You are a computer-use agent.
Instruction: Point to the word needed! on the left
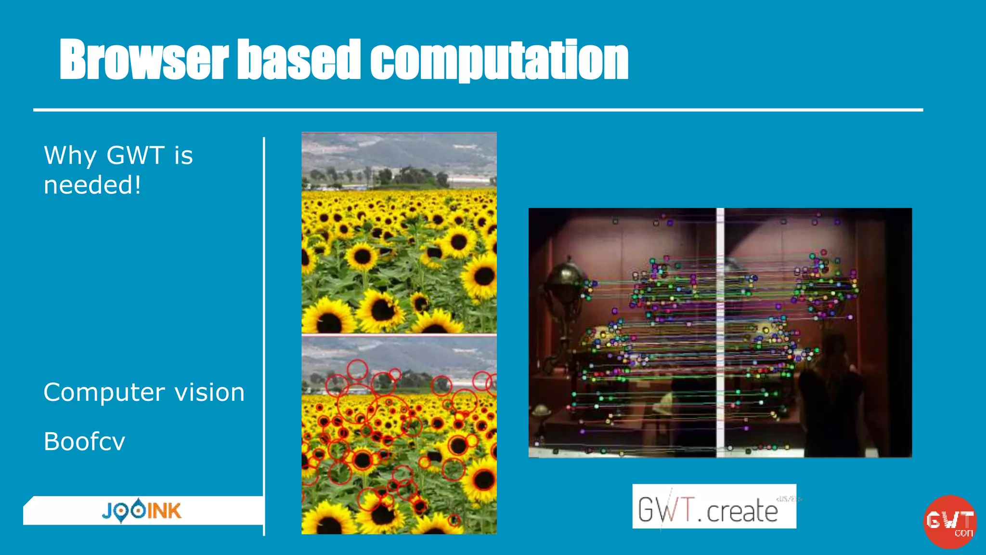click(92, 185)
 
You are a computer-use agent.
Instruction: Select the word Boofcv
click(84, 442)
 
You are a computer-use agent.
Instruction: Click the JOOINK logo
click(142, 511)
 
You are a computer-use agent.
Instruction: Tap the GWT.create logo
click(714, 507)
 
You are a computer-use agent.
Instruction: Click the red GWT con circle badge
click(949, 522)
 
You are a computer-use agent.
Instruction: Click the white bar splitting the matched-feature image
click(720, 332)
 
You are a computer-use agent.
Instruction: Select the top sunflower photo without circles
click(399, 232)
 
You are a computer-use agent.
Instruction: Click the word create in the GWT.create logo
click(742, 512)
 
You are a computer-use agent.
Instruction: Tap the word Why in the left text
click(70, 156)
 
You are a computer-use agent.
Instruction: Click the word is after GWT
click(183, 156)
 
